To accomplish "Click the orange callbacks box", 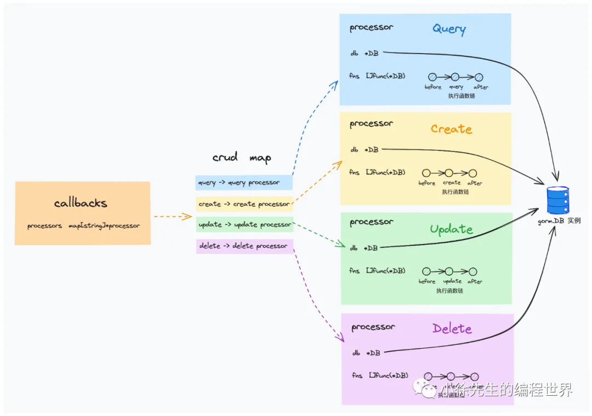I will tap(82, 213).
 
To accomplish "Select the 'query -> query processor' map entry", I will tap(243, 182).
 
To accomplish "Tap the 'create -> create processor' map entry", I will tap(244, 204).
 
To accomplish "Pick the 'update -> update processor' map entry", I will tap(244, 224).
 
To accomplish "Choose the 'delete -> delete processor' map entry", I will tap(244, 246).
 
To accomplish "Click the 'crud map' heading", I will tap(242, 158).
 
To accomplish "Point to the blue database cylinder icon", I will tap(558, 200).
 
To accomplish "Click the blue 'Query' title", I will tap(449, 29).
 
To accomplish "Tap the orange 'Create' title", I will tap(451, 129).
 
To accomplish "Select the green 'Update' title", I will tap(451, 228).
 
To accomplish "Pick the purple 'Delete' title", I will tap(452, 328).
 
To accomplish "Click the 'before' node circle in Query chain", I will tap(432, 77).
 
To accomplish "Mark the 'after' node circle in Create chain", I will tap(473, 173).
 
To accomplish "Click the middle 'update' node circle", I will tap(449, 271).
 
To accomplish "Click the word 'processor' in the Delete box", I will tap(373, 327).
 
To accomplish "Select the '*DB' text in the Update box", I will tap(371, 248).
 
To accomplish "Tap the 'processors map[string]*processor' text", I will tap(83, 226).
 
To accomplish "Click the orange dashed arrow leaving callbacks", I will tap(172, 217).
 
